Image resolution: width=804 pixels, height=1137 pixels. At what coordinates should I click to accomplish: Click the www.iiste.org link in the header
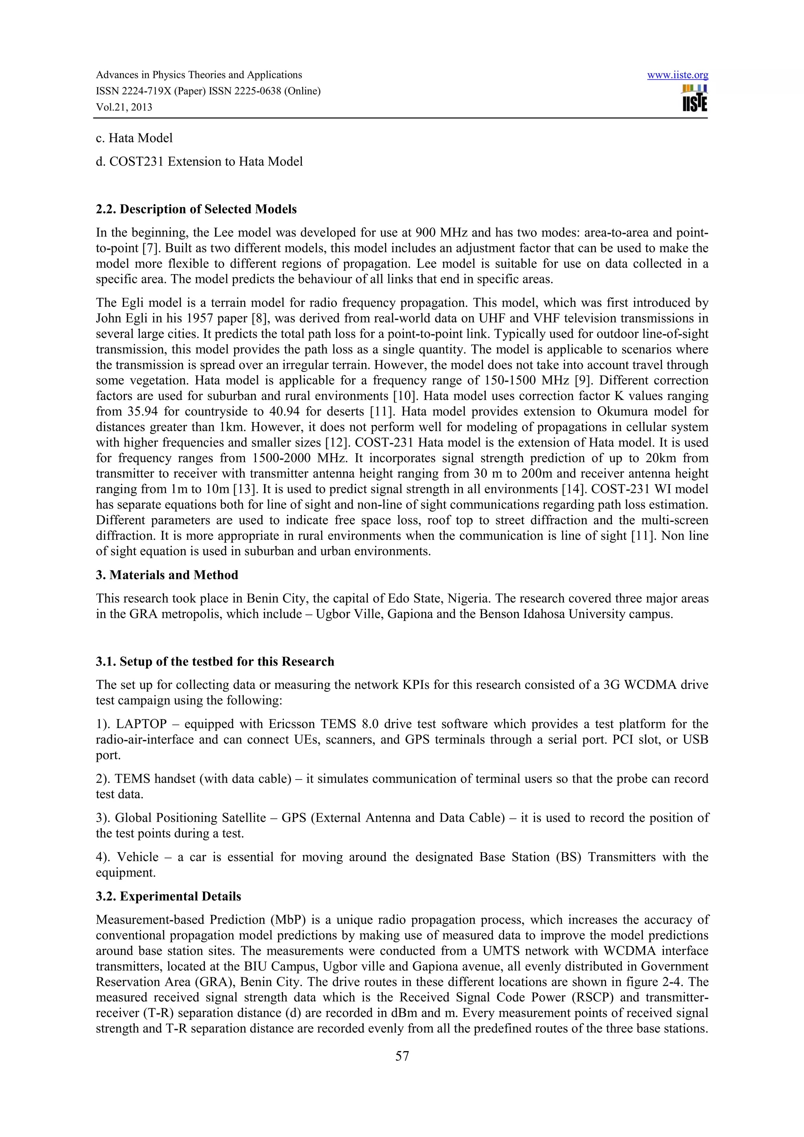tap(677, 75)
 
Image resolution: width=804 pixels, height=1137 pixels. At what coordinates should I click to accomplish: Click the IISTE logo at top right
tap(694, 98)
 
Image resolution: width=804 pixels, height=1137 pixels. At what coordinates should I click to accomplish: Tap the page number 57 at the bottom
tap(402, 1056)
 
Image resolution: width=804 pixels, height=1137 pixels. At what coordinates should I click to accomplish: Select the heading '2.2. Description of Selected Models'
tap(196, 209)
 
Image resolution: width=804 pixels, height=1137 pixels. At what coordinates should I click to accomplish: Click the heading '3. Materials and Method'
tap(167, 575)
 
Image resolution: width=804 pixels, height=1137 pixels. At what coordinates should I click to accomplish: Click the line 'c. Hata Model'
tap(134, 138)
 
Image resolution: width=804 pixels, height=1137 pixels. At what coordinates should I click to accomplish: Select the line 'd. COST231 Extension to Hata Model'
tap(199, 161)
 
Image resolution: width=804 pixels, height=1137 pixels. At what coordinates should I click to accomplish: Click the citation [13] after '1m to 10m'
tap(245, 489)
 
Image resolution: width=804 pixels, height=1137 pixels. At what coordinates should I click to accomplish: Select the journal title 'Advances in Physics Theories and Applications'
tap(199, 75)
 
